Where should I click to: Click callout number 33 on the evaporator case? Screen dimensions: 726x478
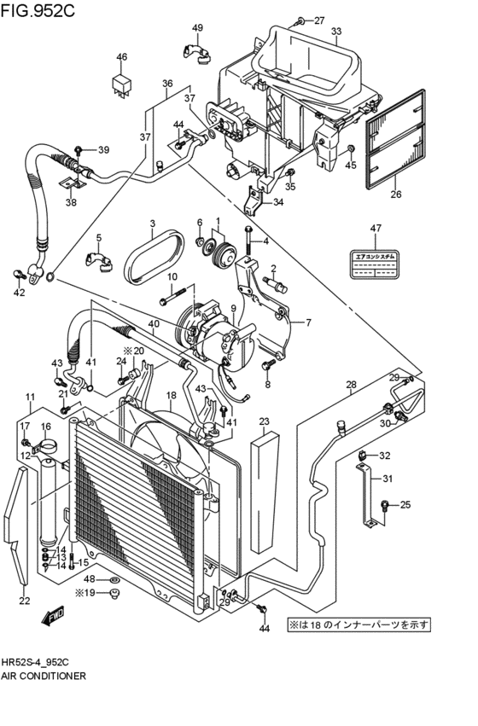pos(336,32)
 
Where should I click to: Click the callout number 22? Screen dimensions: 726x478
pos(24,601)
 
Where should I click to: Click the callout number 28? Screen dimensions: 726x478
pos(351,386)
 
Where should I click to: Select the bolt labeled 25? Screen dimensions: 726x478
pos(385,506)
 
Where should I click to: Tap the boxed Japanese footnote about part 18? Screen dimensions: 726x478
pos(358,624)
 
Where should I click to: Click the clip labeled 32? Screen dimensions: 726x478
pos(364,455)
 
